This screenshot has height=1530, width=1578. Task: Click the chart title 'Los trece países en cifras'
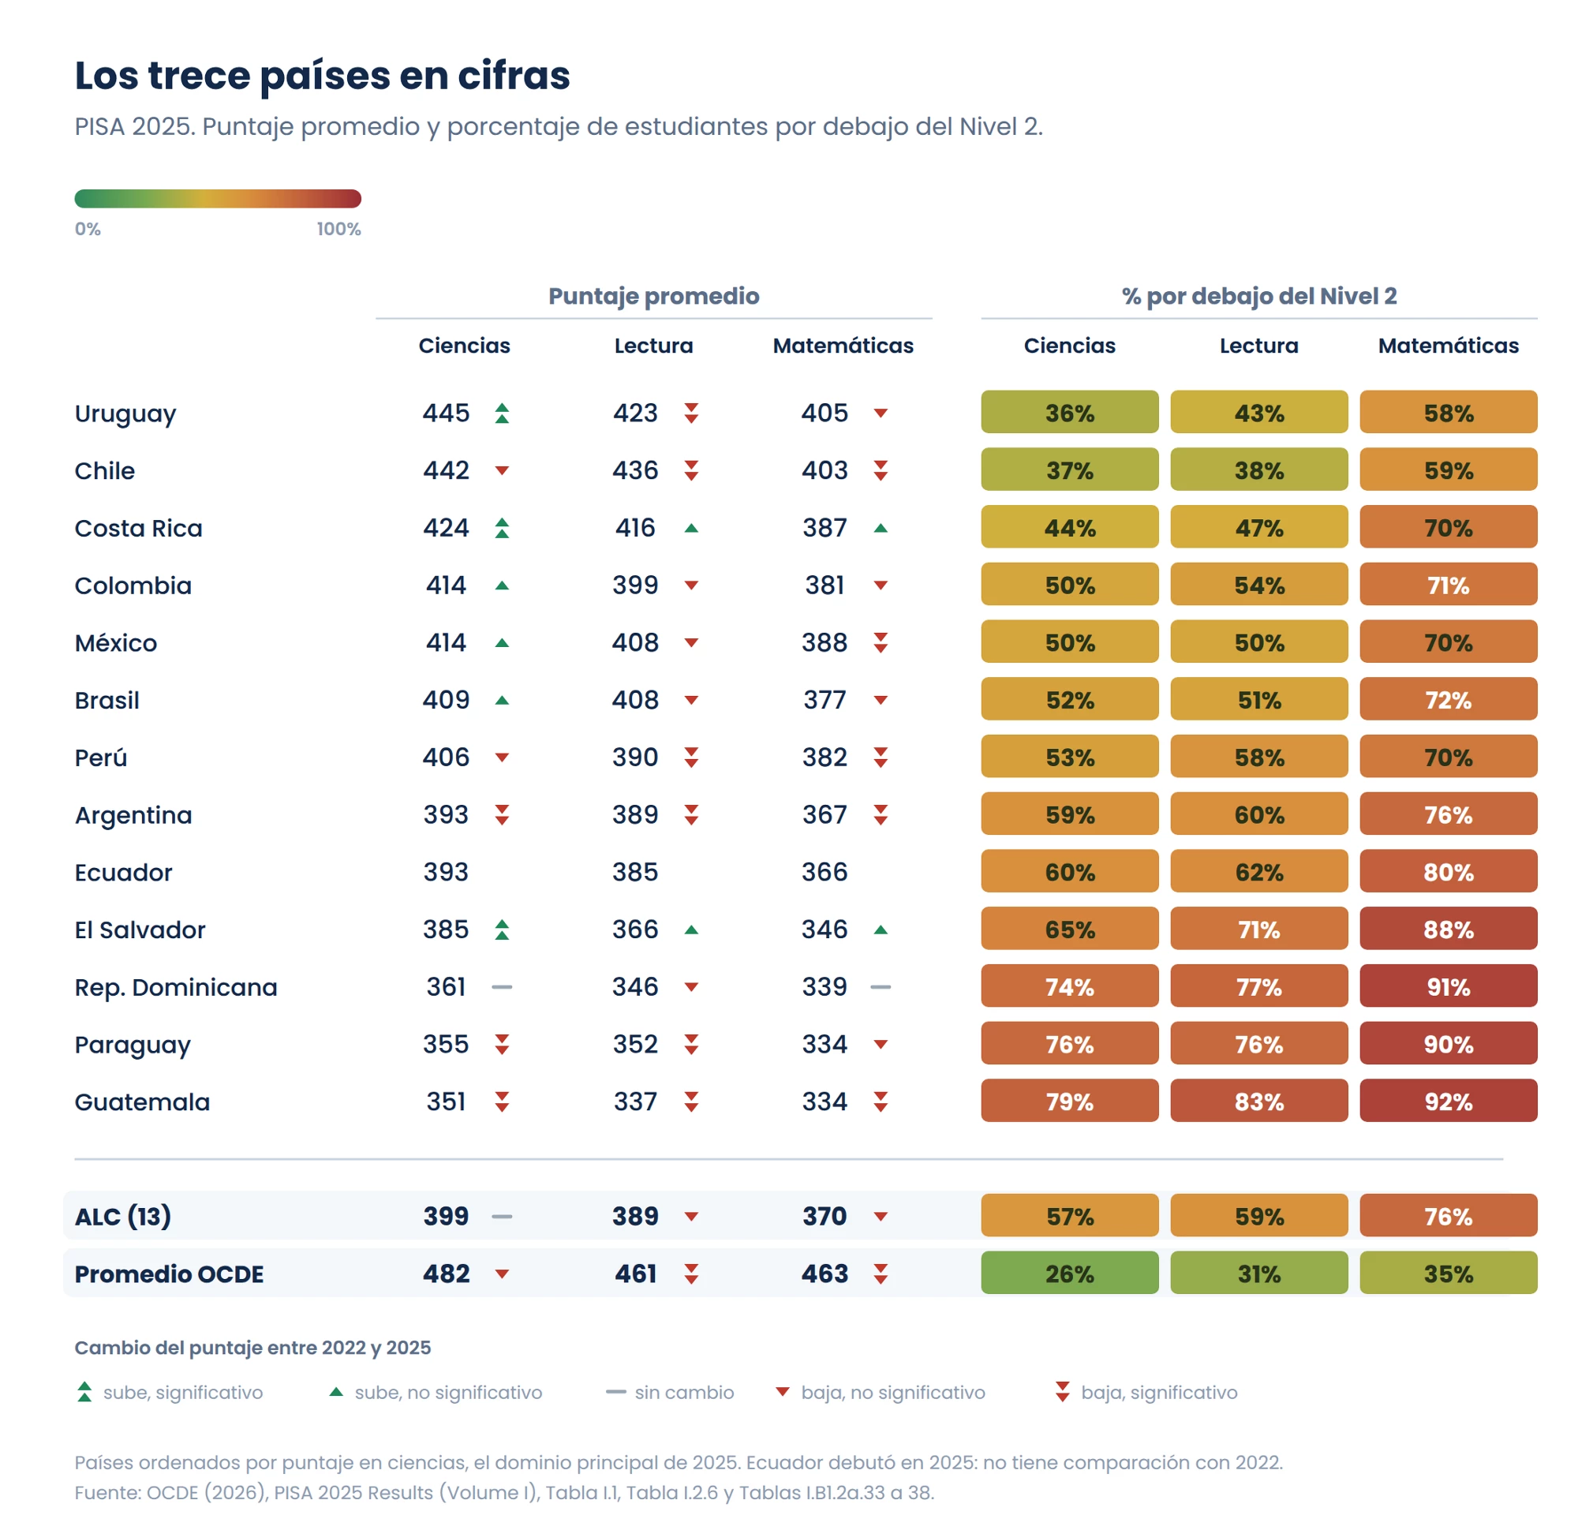tap(322, 76)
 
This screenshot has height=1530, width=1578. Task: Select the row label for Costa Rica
tap(139, 528)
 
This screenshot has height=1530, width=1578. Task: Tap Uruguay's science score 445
tap(446, 413)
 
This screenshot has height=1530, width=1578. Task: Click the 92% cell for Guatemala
tap(1448, 1101)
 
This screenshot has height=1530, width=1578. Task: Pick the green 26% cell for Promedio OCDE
tap(1069, 1273)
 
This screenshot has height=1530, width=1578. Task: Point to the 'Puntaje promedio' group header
tap(654, 297)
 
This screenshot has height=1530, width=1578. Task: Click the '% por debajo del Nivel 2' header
tap(1259, 297)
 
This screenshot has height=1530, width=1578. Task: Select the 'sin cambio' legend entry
tap(670, 1392)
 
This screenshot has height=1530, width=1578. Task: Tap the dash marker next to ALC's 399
tap(502, 1216)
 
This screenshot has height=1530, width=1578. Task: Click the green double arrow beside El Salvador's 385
tap(502, 930)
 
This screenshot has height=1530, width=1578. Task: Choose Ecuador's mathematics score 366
tap(825, 872)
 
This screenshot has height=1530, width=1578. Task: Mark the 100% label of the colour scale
tap(338, 229)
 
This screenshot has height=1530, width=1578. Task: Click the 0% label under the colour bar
tap(88, 229)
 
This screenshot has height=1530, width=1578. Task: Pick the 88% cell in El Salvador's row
tap(1448, 929)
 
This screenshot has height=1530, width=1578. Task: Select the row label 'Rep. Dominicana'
tap(175, 987)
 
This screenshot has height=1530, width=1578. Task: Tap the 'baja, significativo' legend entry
tap(1146, 1392)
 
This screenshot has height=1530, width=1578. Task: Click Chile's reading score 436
tap(635, 470)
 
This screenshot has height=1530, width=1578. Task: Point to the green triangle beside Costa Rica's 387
tap(881, 528)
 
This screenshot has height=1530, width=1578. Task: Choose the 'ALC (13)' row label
tap(123, 1216)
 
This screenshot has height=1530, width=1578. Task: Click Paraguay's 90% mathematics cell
tap(1448, 1044)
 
